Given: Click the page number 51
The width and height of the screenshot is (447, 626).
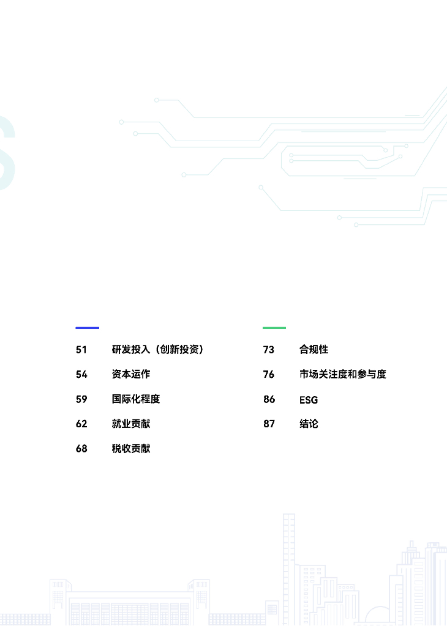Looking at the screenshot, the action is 81,350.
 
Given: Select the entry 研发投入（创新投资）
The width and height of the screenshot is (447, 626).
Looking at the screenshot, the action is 157,350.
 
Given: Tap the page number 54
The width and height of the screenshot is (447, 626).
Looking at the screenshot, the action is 81,374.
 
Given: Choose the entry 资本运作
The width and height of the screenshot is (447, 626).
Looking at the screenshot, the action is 130,374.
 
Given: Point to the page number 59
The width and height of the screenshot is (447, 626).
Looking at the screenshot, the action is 81,399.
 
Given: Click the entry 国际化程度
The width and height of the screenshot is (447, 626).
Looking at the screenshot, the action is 135,399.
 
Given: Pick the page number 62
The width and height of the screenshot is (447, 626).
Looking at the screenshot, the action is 81,424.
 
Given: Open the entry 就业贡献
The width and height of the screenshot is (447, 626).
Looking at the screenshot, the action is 130,424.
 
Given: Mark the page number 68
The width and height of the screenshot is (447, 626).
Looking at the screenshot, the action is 81,449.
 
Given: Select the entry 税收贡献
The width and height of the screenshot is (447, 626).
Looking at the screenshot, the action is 130,449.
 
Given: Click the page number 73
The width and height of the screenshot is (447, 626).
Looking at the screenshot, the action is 269,350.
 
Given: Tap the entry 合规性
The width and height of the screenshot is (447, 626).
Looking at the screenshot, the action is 314,350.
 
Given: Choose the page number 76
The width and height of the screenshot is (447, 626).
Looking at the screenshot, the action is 269,374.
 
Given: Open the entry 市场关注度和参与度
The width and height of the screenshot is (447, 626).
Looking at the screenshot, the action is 342,374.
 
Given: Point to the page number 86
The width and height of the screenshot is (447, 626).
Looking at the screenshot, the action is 269,399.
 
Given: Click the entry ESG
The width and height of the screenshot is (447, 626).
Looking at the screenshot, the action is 309,400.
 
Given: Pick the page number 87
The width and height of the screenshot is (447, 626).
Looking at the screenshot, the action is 269,424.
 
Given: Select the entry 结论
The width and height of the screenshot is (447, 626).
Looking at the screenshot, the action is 309,424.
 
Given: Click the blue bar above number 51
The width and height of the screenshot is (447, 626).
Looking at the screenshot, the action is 87,328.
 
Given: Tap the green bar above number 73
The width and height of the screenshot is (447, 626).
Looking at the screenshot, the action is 274,328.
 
